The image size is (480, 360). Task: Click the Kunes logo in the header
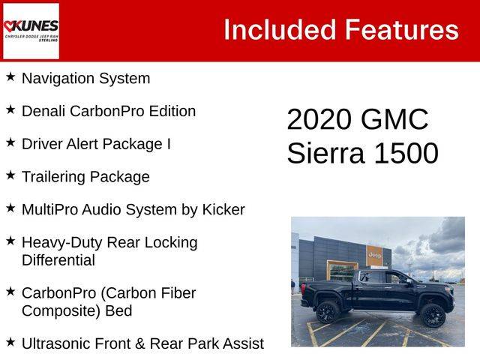pos(31,31)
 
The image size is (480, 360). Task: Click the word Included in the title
pos(280,30)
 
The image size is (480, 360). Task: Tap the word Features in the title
pos(402,30)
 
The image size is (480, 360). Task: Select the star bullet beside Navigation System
pos(10,76)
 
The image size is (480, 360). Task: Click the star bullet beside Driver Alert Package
pos(10,142)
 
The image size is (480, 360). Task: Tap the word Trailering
pos(53,177)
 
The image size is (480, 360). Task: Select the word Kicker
pos(223,210)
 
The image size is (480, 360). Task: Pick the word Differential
pos(58,260)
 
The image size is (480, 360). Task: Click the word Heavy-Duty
pos(62,243)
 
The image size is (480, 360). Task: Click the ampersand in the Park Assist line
pos(139,343)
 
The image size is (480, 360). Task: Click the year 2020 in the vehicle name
pos(319,119)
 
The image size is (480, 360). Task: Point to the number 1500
pos(406,153)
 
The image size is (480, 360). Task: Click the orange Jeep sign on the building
pos(374,255)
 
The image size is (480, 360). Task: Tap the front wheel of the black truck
pos(432,315)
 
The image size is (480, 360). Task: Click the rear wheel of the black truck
pos(327,311)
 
